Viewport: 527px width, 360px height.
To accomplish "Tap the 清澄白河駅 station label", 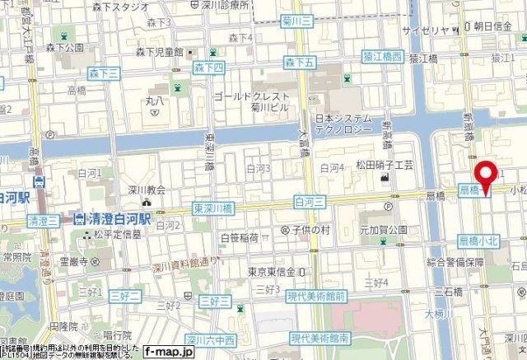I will [x=113, y=220].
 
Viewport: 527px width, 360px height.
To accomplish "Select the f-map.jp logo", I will [x=168, y=352].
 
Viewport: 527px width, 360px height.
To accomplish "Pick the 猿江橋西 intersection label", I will [x=382, y=57].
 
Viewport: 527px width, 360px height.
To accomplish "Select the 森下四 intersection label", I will [x=208, y=65].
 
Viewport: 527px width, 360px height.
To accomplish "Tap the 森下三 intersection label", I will [x=105, y=74].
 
